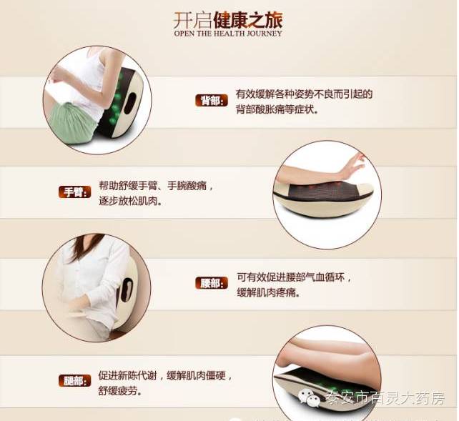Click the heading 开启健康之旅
[228, 20]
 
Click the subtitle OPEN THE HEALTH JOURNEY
[228, 34]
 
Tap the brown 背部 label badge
[212, 101]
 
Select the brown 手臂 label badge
[74, 192]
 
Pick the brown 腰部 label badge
[212, 283]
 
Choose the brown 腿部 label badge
[74, 381]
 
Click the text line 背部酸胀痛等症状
[277, 109]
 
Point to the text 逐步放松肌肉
[131, 202]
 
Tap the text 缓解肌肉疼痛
[268, 292]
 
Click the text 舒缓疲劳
[119, 390]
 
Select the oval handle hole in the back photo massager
[130, 104]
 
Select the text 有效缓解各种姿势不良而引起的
[304, 94]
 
